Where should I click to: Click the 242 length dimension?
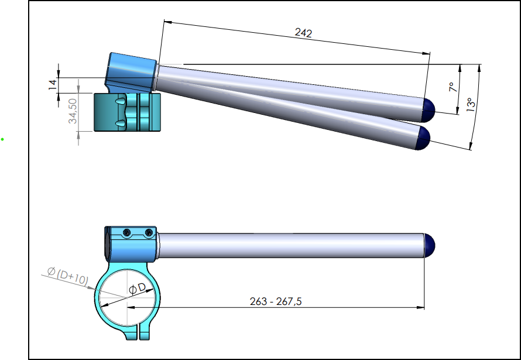tap(303, 33)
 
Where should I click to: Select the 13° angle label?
tap(471, 105)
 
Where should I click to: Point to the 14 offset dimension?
tap(53, 85)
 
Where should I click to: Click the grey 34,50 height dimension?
tap(73, 111)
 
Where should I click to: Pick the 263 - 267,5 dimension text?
tap(276, 301)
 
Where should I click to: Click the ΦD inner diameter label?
tap(137, 288)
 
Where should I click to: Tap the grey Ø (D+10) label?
tap(68, 276)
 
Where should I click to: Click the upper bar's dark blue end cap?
tap(429, 110)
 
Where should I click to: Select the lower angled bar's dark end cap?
tap(423, 138)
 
